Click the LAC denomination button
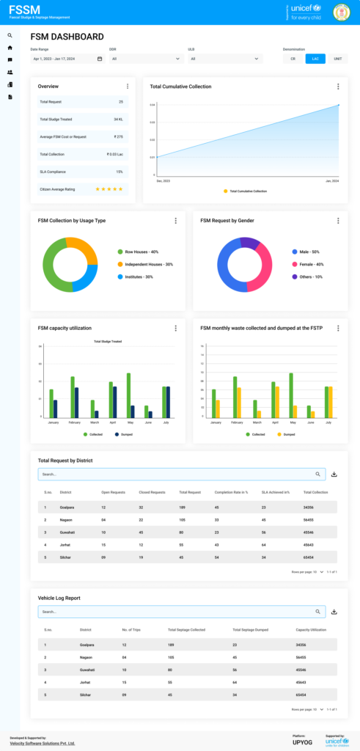click(x=315, y=59)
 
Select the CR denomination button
click(x=293, y=59)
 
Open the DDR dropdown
click(x=143, y=59)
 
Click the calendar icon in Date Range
click(x=100, y=59)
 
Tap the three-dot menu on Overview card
click(x=128, y=87)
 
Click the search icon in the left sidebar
click(x=10, y=35)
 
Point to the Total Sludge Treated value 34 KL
click(x=118, y=119)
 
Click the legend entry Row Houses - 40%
click(x=141, y=251)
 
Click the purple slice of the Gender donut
click(x=249, y=243)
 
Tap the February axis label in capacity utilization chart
click(x=74, y=422)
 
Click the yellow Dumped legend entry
click(x=287, y=434)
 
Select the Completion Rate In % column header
click(x=231, y=492)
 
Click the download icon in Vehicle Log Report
click(x=334, y=611)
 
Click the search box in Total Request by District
click(x=176, y=475)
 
